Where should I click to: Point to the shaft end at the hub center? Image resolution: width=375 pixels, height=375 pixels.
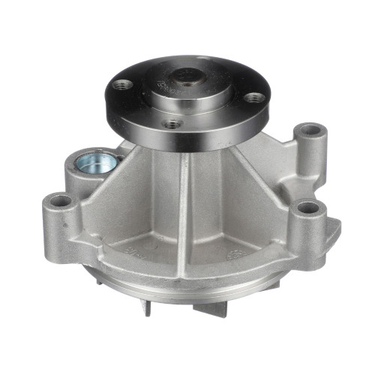click(185, 75)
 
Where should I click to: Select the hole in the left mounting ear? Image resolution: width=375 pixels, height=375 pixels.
click(57, 202)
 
